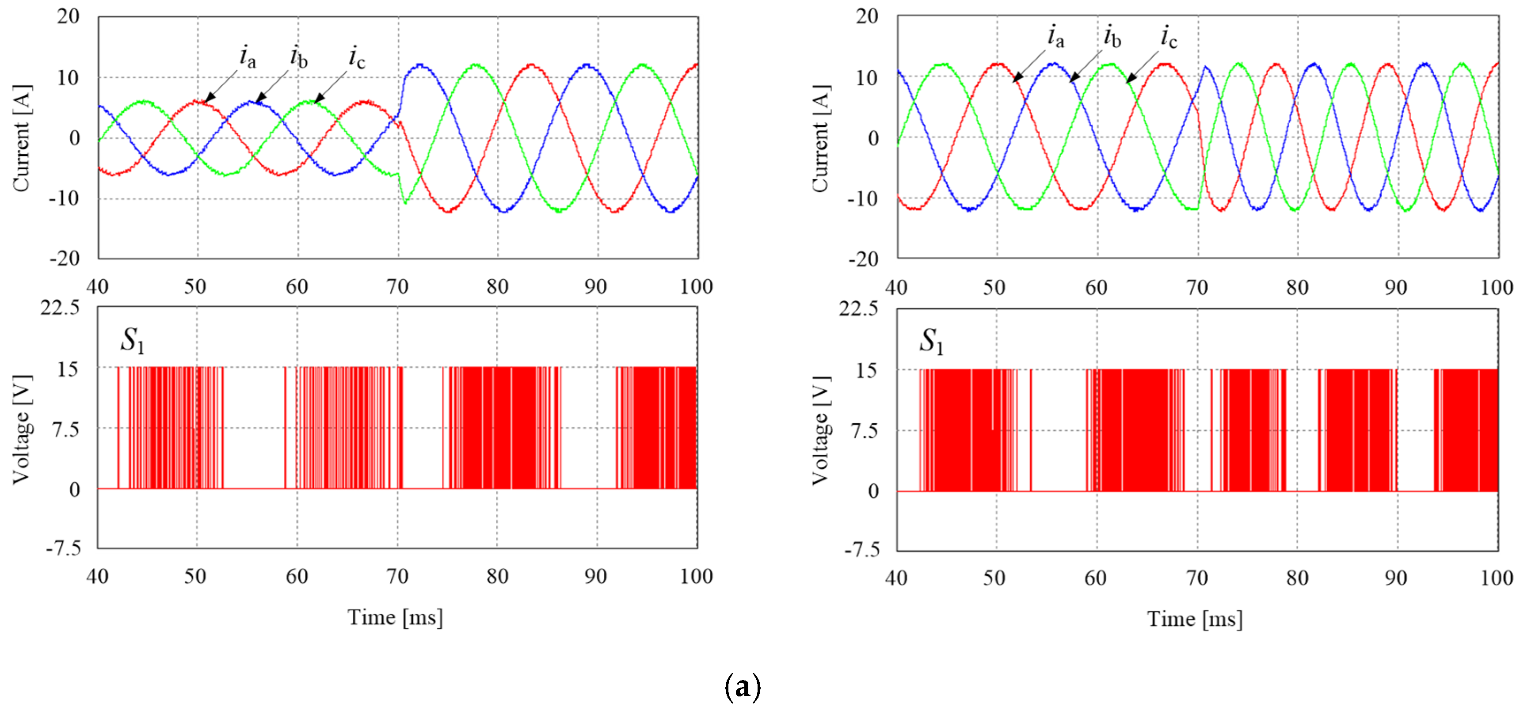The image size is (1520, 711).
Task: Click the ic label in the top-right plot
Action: pos(1168,37)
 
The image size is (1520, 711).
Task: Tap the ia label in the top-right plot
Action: pos(1055,37)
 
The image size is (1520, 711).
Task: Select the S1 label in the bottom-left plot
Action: pos(132,340)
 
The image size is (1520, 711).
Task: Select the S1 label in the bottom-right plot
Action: pos(931,342)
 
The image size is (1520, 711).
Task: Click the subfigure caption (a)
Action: pos(742,686)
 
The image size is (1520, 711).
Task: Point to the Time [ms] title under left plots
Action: pos(395,618)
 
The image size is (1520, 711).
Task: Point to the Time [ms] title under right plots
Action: pos(1194,619)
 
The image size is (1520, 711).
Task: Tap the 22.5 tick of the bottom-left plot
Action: pos(60,308)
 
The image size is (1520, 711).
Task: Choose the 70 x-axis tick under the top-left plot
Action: pos(397,287)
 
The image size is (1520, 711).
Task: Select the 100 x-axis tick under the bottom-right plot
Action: pos(1496,578)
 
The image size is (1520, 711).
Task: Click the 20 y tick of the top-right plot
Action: pos(866,16)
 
